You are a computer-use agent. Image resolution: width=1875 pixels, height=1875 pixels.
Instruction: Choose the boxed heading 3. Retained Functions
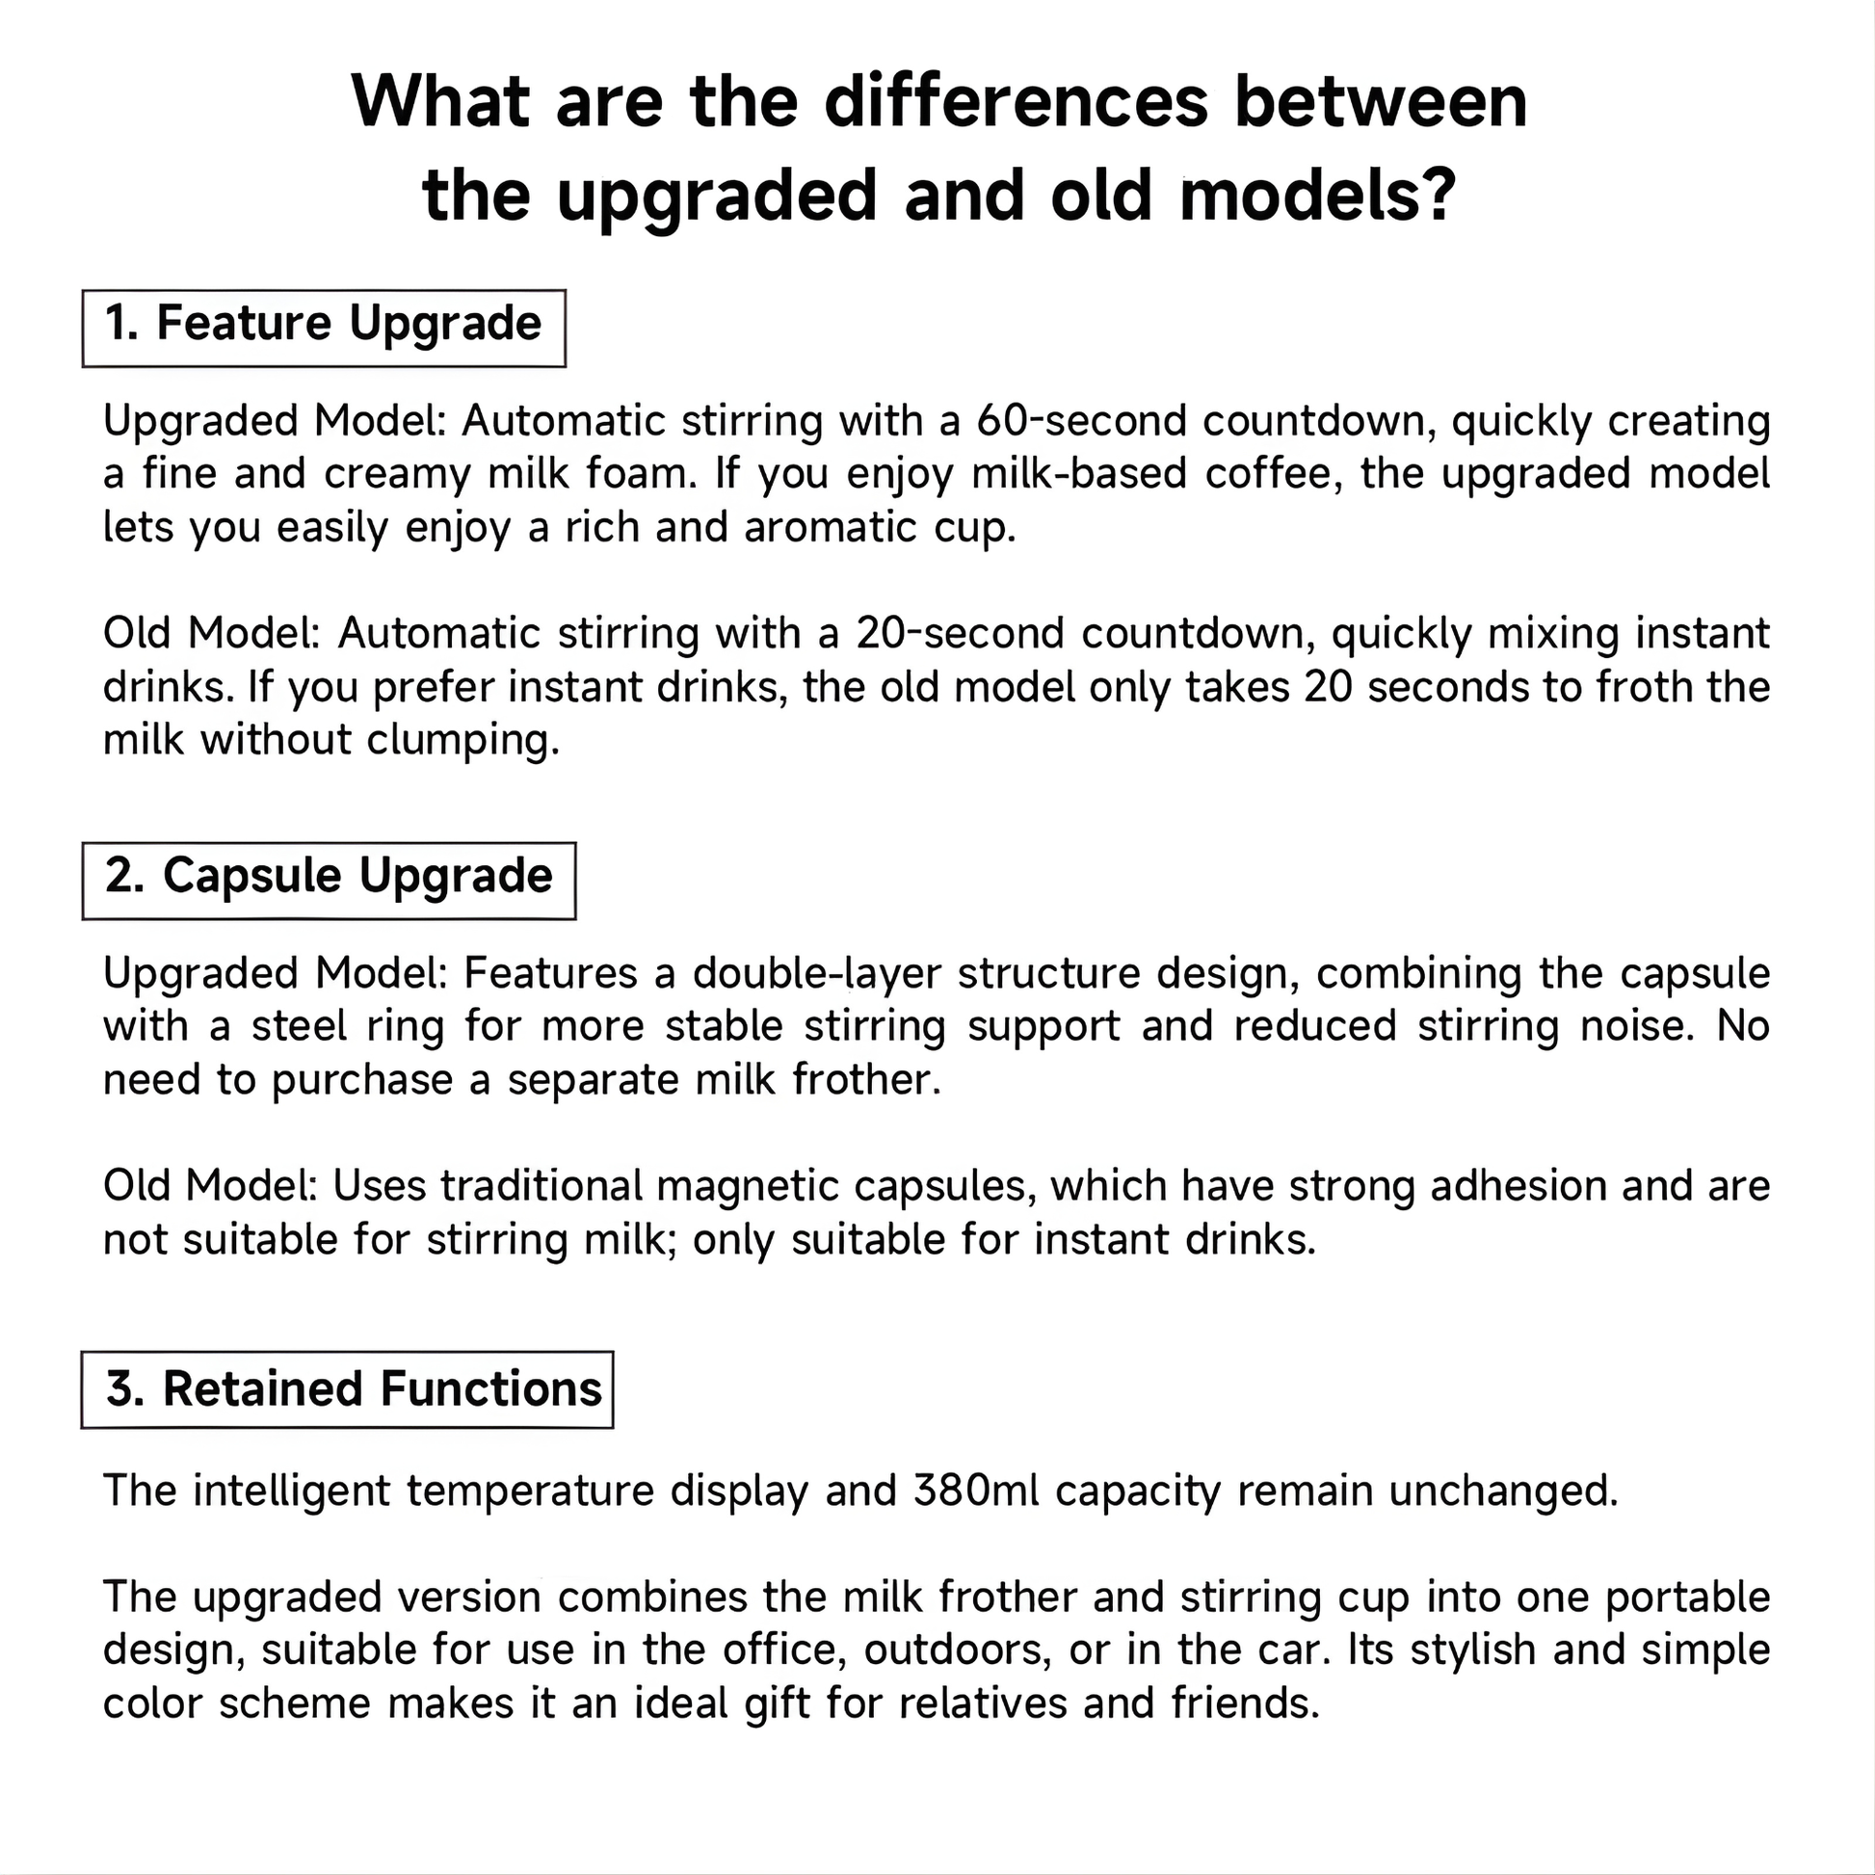pyautogui.click(x=347, y=1388)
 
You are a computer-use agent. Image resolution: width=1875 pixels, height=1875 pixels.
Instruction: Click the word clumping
pyautogui.click(x=463, y=740)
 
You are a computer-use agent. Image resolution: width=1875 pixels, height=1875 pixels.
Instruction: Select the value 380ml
pyautogui.click(x=975, y=1491)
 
